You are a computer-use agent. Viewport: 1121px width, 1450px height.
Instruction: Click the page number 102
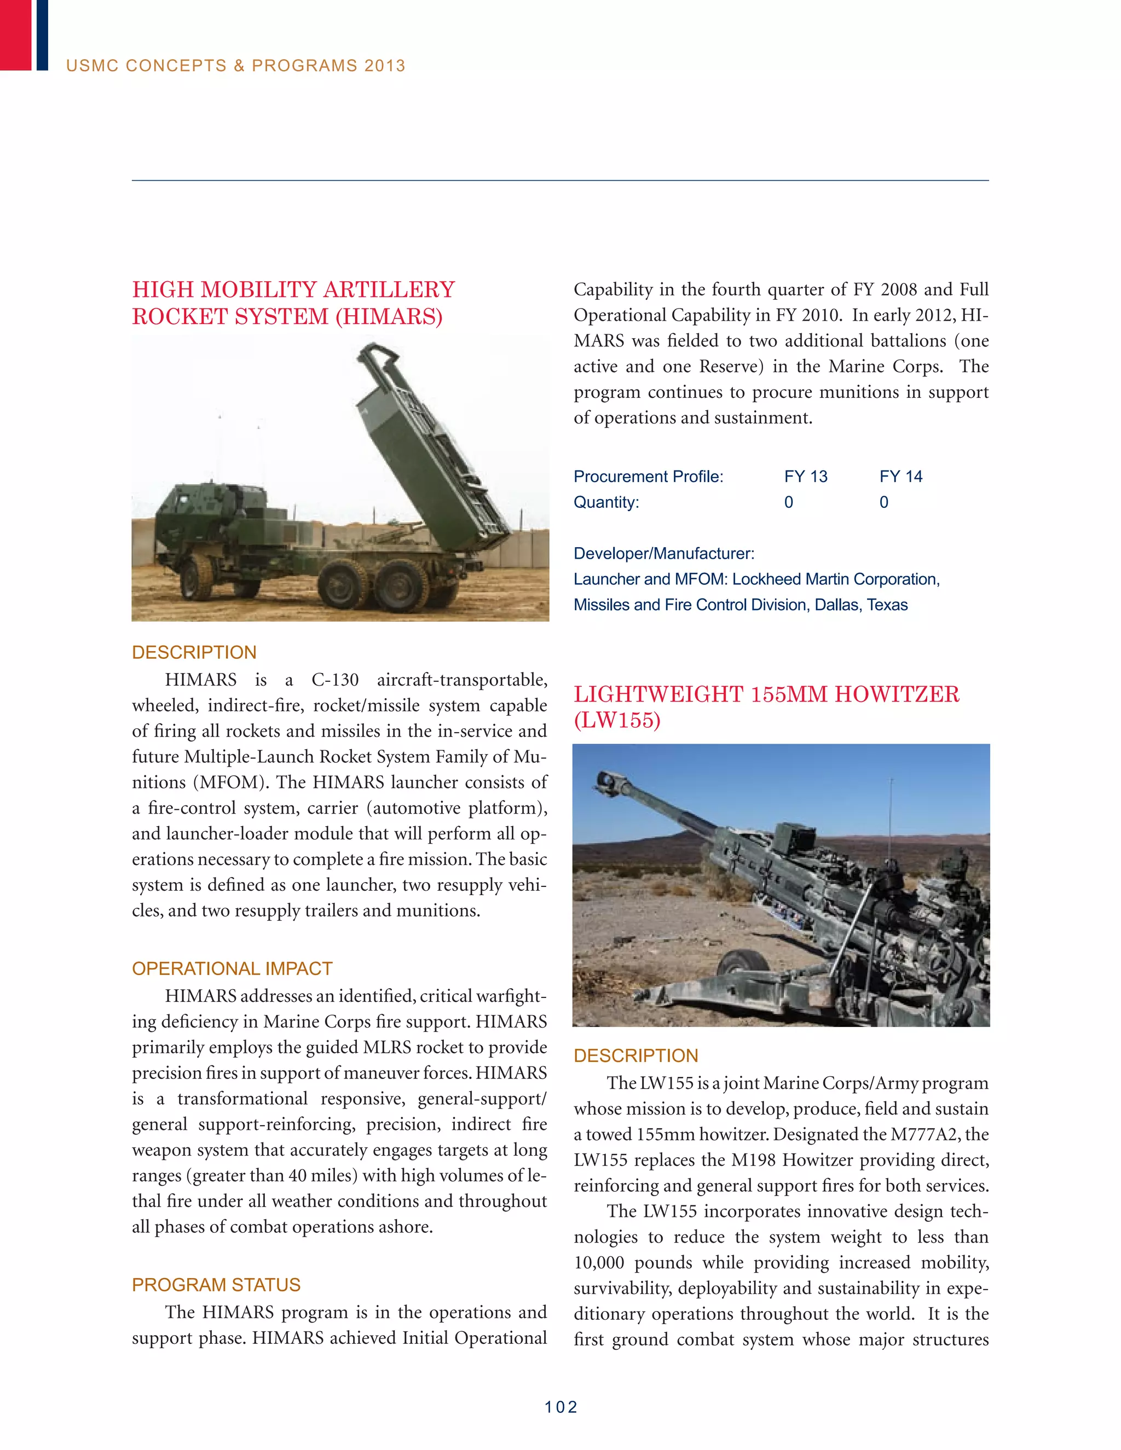click(560, 1407)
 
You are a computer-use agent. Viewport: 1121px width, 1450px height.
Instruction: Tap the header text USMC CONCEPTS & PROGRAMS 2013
click(236, 66)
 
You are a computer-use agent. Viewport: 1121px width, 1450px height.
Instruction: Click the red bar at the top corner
click(15, 34)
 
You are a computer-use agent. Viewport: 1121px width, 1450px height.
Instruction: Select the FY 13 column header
click(806, 477)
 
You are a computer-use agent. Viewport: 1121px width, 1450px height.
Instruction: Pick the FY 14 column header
click(900, 477)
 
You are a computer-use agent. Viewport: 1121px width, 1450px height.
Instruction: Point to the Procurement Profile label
click(648, 477)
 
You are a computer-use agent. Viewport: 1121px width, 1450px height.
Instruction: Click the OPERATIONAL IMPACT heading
click(232, 968)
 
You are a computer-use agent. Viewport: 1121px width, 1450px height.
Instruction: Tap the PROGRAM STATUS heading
click(216, 1285)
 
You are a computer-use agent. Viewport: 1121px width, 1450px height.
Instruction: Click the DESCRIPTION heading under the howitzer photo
click(635, 1055)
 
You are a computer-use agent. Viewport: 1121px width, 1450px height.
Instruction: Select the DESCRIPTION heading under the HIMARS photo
click(194, 652)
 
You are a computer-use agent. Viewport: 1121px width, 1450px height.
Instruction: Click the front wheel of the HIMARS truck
click(197, 576)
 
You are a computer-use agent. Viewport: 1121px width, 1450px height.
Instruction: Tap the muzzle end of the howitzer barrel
click(606, 781)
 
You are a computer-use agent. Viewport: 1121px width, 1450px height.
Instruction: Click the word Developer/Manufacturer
click(663, 554)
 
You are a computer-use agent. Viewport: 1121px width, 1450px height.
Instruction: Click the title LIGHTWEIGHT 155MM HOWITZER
click(766, 694)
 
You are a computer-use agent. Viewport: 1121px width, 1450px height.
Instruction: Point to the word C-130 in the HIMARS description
click(334, 680)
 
